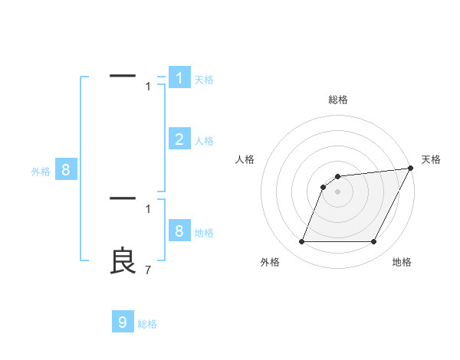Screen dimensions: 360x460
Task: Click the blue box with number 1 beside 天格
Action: pyautogui.click(x=179, y=77)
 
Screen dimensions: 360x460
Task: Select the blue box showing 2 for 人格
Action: pyautogui.click(x=179, y=139)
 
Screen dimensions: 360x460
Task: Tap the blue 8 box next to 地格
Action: pyautogui.click(x=179, y=231)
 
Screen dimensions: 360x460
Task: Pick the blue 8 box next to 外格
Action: pyautogui.click(x=65, y=170)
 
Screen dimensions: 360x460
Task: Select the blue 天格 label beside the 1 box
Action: pyautogui.click(x=204, y=80)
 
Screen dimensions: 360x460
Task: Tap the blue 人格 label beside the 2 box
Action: pyautogui.click(x=204, y=141)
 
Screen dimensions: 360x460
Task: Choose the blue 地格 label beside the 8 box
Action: pyautogui.click(x=204, y=233)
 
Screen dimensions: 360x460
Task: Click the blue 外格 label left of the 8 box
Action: pyautogui.click(x=41, y=172)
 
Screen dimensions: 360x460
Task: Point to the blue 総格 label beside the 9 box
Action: pyautogui.click(x=147, y=324)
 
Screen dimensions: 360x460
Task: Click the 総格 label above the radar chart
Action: pyautogui.click(x=338, y=100)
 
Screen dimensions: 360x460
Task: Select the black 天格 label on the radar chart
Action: pyautogui.click(x=431, y=159)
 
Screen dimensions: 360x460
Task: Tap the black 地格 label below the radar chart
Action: pyautogui.click(x=402, y=263)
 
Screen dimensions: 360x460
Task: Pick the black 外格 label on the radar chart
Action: pyautogui.click(x=270, y=263)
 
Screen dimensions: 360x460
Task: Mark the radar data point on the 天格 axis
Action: pyautogui.click(x=410, y=168)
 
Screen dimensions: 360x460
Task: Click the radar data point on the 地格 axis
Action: pyautogui.click(x=374, y=242)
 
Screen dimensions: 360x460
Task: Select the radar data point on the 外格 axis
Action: pyautogui.click(x=301, y=242)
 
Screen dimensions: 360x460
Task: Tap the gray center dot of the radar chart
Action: pyautogui.click(x=338, y=191)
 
